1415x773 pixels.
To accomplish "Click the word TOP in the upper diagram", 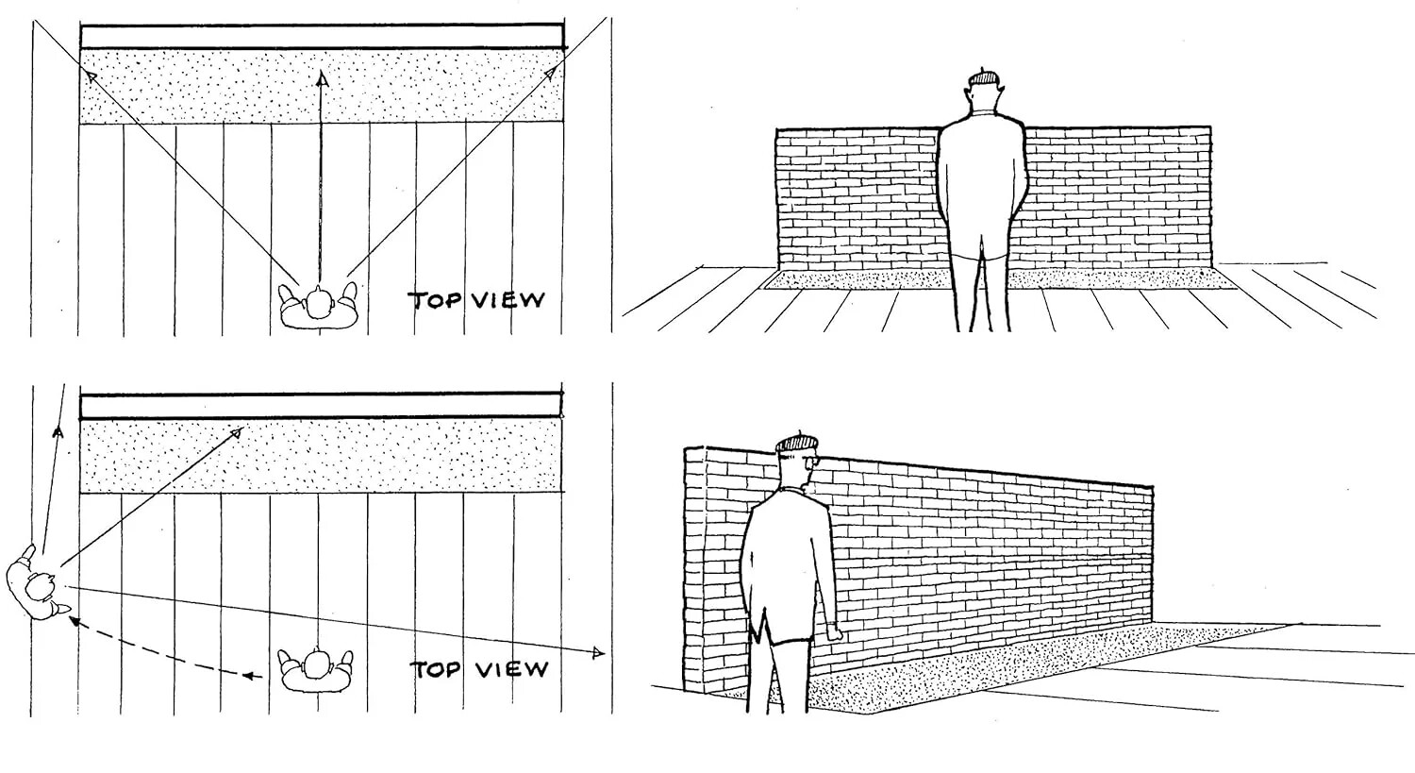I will point(434,301).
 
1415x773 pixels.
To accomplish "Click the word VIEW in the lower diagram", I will point(510,670).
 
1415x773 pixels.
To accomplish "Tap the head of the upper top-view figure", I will point(320,304).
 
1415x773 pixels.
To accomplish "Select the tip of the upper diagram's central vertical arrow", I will point(321,80).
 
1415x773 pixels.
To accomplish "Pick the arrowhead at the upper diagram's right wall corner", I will point(553,71).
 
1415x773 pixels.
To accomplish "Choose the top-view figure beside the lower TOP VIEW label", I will point(316,668).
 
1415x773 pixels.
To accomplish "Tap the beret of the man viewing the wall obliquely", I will point(796,442).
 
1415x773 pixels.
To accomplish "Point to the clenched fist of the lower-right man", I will point(833,632).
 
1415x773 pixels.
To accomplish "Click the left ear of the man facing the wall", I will point(966,97).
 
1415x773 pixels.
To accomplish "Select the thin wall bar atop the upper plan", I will point(322,37).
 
